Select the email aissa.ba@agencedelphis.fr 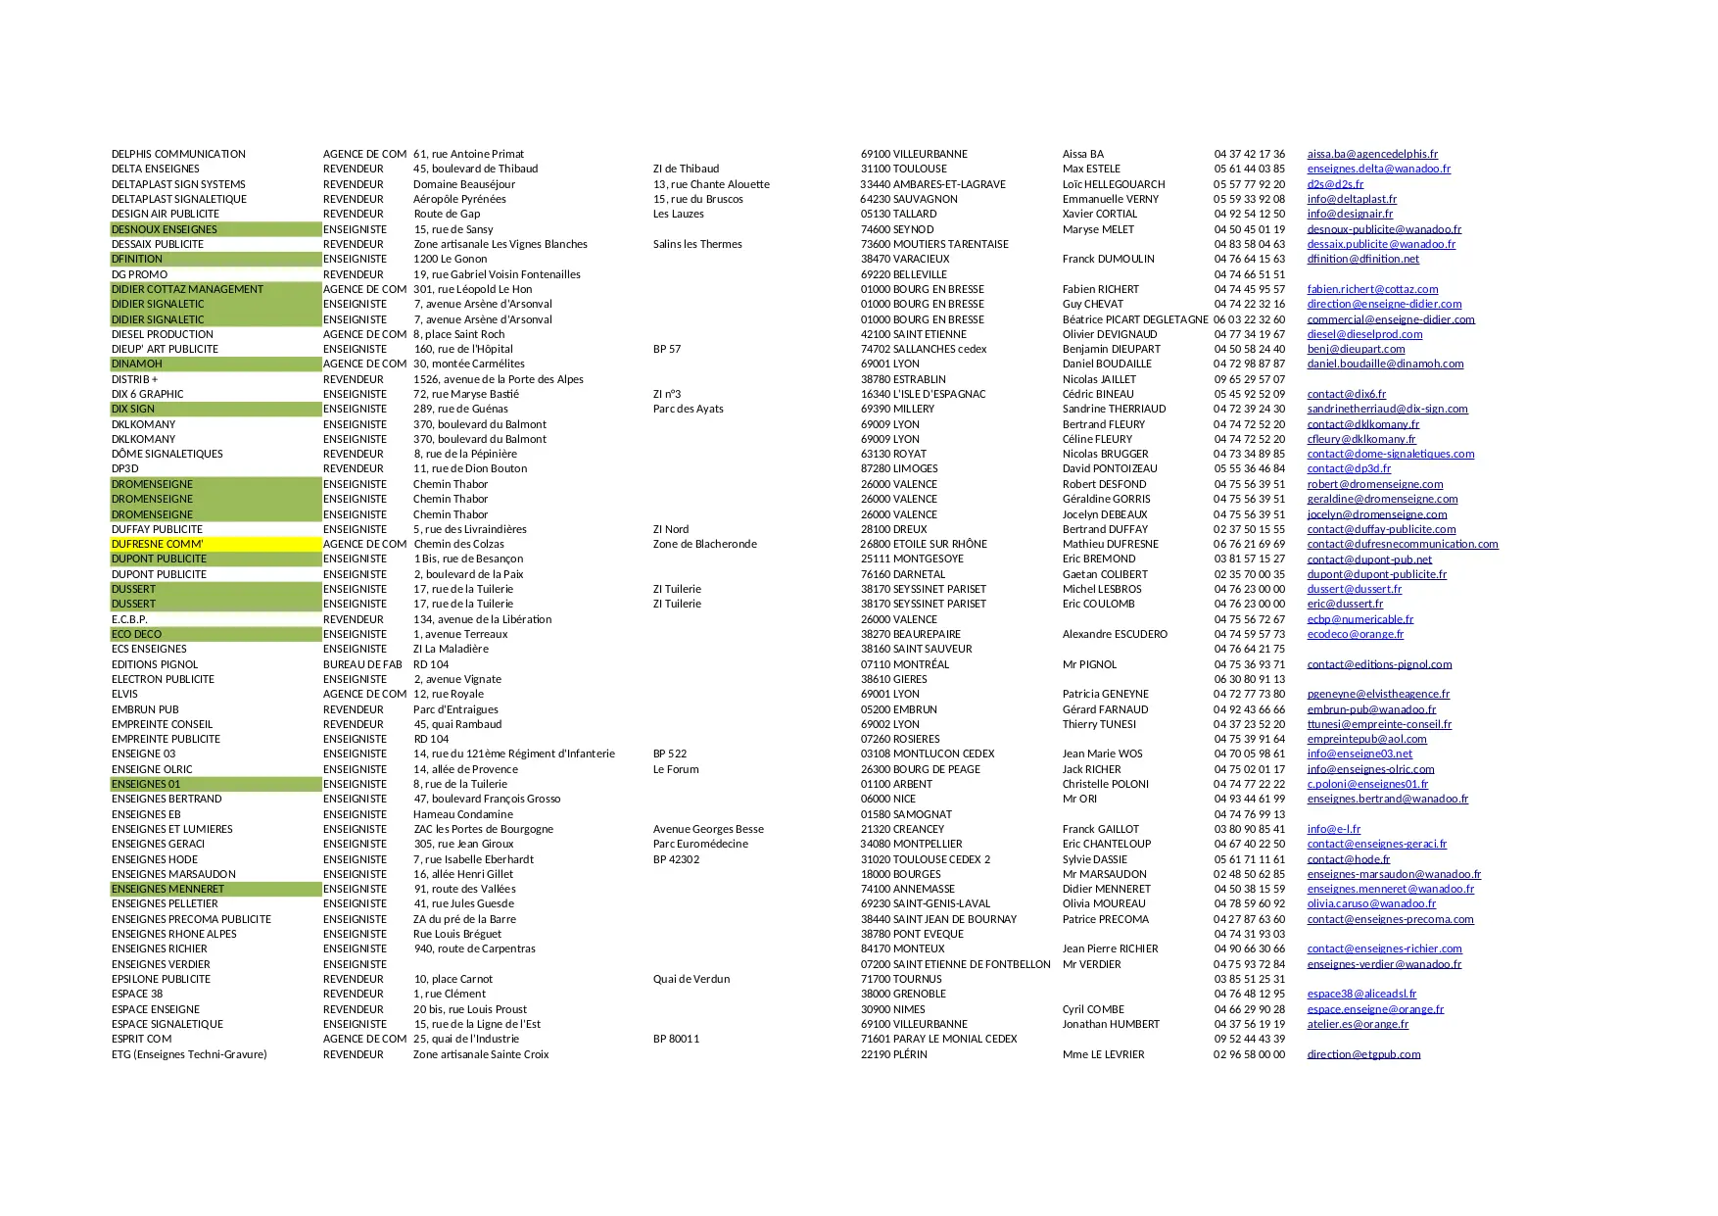pos(1372,154)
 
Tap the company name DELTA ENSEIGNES pos(156,169)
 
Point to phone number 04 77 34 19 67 pos(1249,334)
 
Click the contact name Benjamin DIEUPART pos(1111,349)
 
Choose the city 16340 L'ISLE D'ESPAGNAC pos(923,394)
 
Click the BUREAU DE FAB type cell pos(362,664)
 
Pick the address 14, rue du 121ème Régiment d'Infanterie pos(514,754)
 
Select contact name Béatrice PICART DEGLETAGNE pos(1135,319)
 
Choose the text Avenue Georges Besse pos(708,829)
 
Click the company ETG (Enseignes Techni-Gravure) pos(189,1054)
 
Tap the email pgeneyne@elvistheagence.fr pos(1378,694)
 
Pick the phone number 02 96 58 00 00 pos(1249,1054)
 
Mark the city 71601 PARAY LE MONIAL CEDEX pos(938,1039)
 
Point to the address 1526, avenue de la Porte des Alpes pos(499,379)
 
